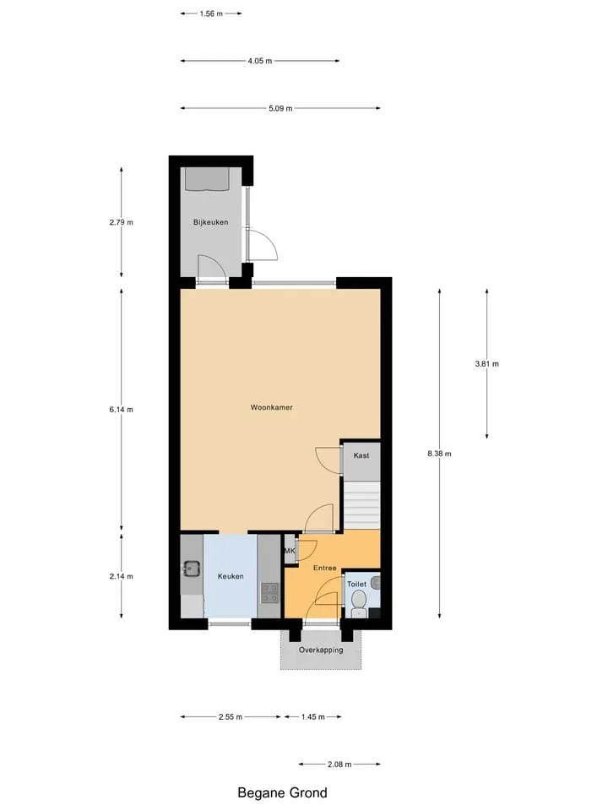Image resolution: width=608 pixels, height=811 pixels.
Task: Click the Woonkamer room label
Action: click(271, 407)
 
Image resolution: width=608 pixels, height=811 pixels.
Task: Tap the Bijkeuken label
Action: click(210, 222)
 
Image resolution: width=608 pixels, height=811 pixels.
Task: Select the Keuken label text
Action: click(231, 576)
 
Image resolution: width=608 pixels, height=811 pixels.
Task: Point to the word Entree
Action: click(324, 568)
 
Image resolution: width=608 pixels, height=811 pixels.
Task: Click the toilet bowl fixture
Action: click(358, 603)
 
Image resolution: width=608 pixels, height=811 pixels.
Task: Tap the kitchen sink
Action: click(191, 569)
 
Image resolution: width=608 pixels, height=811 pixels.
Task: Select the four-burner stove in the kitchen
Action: click(269, 593)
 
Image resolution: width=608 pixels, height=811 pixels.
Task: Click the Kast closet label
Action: click(361, 455)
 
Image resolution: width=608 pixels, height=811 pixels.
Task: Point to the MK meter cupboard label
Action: click(290, 551)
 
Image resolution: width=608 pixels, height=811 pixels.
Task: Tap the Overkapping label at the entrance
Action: click(321, 650)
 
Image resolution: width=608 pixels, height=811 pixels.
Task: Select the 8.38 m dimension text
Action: click(439, 454)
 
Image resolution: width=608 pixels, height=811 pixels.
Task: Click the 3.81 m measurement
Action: click(487, 363)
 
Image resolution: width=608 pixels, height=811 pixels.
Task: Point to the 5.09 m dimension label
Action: click(280, 109)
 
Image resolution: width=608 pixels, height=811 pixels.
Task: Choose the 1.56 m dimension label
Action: click(211, 14)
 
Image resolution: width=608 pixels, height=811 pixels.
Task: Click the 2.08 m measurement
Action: click(339, 765)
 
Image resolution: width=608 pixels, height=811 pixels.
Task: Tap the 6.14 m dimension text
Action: click(121, 410)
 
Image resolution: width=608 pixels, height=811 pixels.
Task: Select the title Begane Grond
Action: click(282, 793)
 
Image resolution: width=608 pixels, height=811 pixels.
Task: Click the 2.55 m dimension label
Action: click(230, 717)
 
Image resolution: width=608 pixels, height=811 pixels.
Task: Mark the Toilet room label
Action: click(356, 584)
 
